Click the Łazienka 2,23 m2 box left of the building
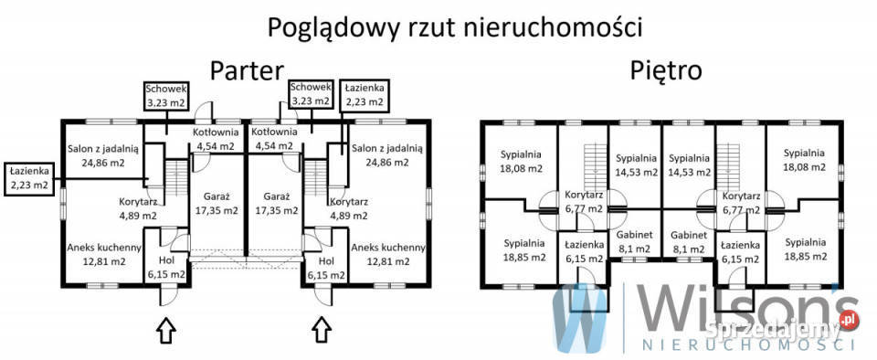[29, 177]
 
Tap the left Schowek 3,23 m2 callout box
[166, 95]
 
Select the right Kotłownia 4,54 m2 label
[274, 139]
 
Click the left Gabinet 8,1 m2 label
[634, 240]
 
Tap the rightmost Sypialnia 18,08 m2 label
[804, 161]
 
